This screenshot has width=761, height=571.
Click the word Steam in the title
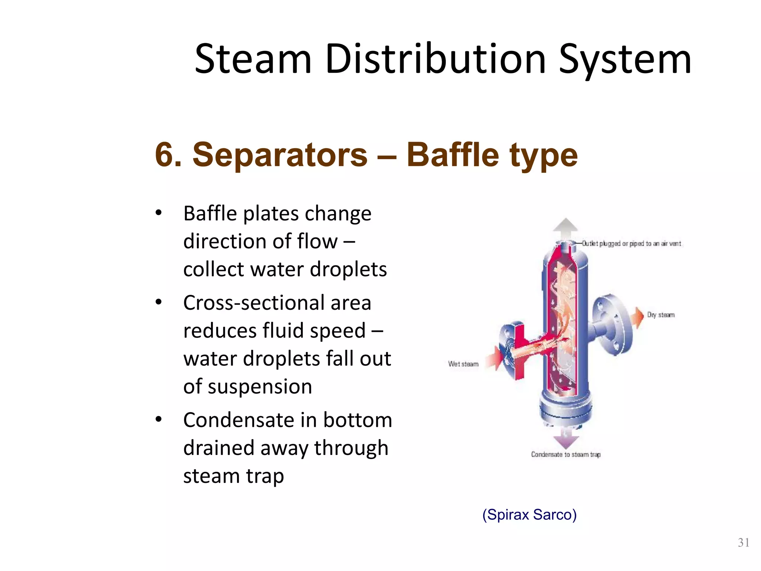click(x=253, y=59)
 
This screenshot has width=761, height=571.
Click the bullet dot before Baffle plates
click(x=159, y=213)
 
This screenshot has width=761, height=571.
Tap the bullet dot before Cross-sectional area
click(x=159, y=302)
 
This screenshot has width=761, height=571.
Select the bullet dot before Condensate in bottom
click(x=159, y=420)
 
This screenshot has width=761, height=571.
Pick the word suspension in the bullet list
click(x=260, y=387)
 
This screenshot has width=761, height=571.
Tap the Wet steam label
click(x=463, y=364)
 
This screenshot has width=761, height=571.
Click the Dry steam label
click(x=661, y=315)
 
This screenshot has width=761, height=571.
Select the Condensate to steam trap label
click(x=566, y=454)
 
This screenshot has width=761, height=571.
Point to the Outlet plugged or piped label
click(x=631, y=243)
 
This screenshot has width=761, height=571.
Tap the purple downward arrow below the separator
click(x=566, y=440)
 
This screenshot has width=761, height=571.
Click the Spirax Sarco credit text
click(x=529, y=514)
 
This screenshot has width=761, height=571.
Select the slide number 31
click(x=744, y=543)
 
